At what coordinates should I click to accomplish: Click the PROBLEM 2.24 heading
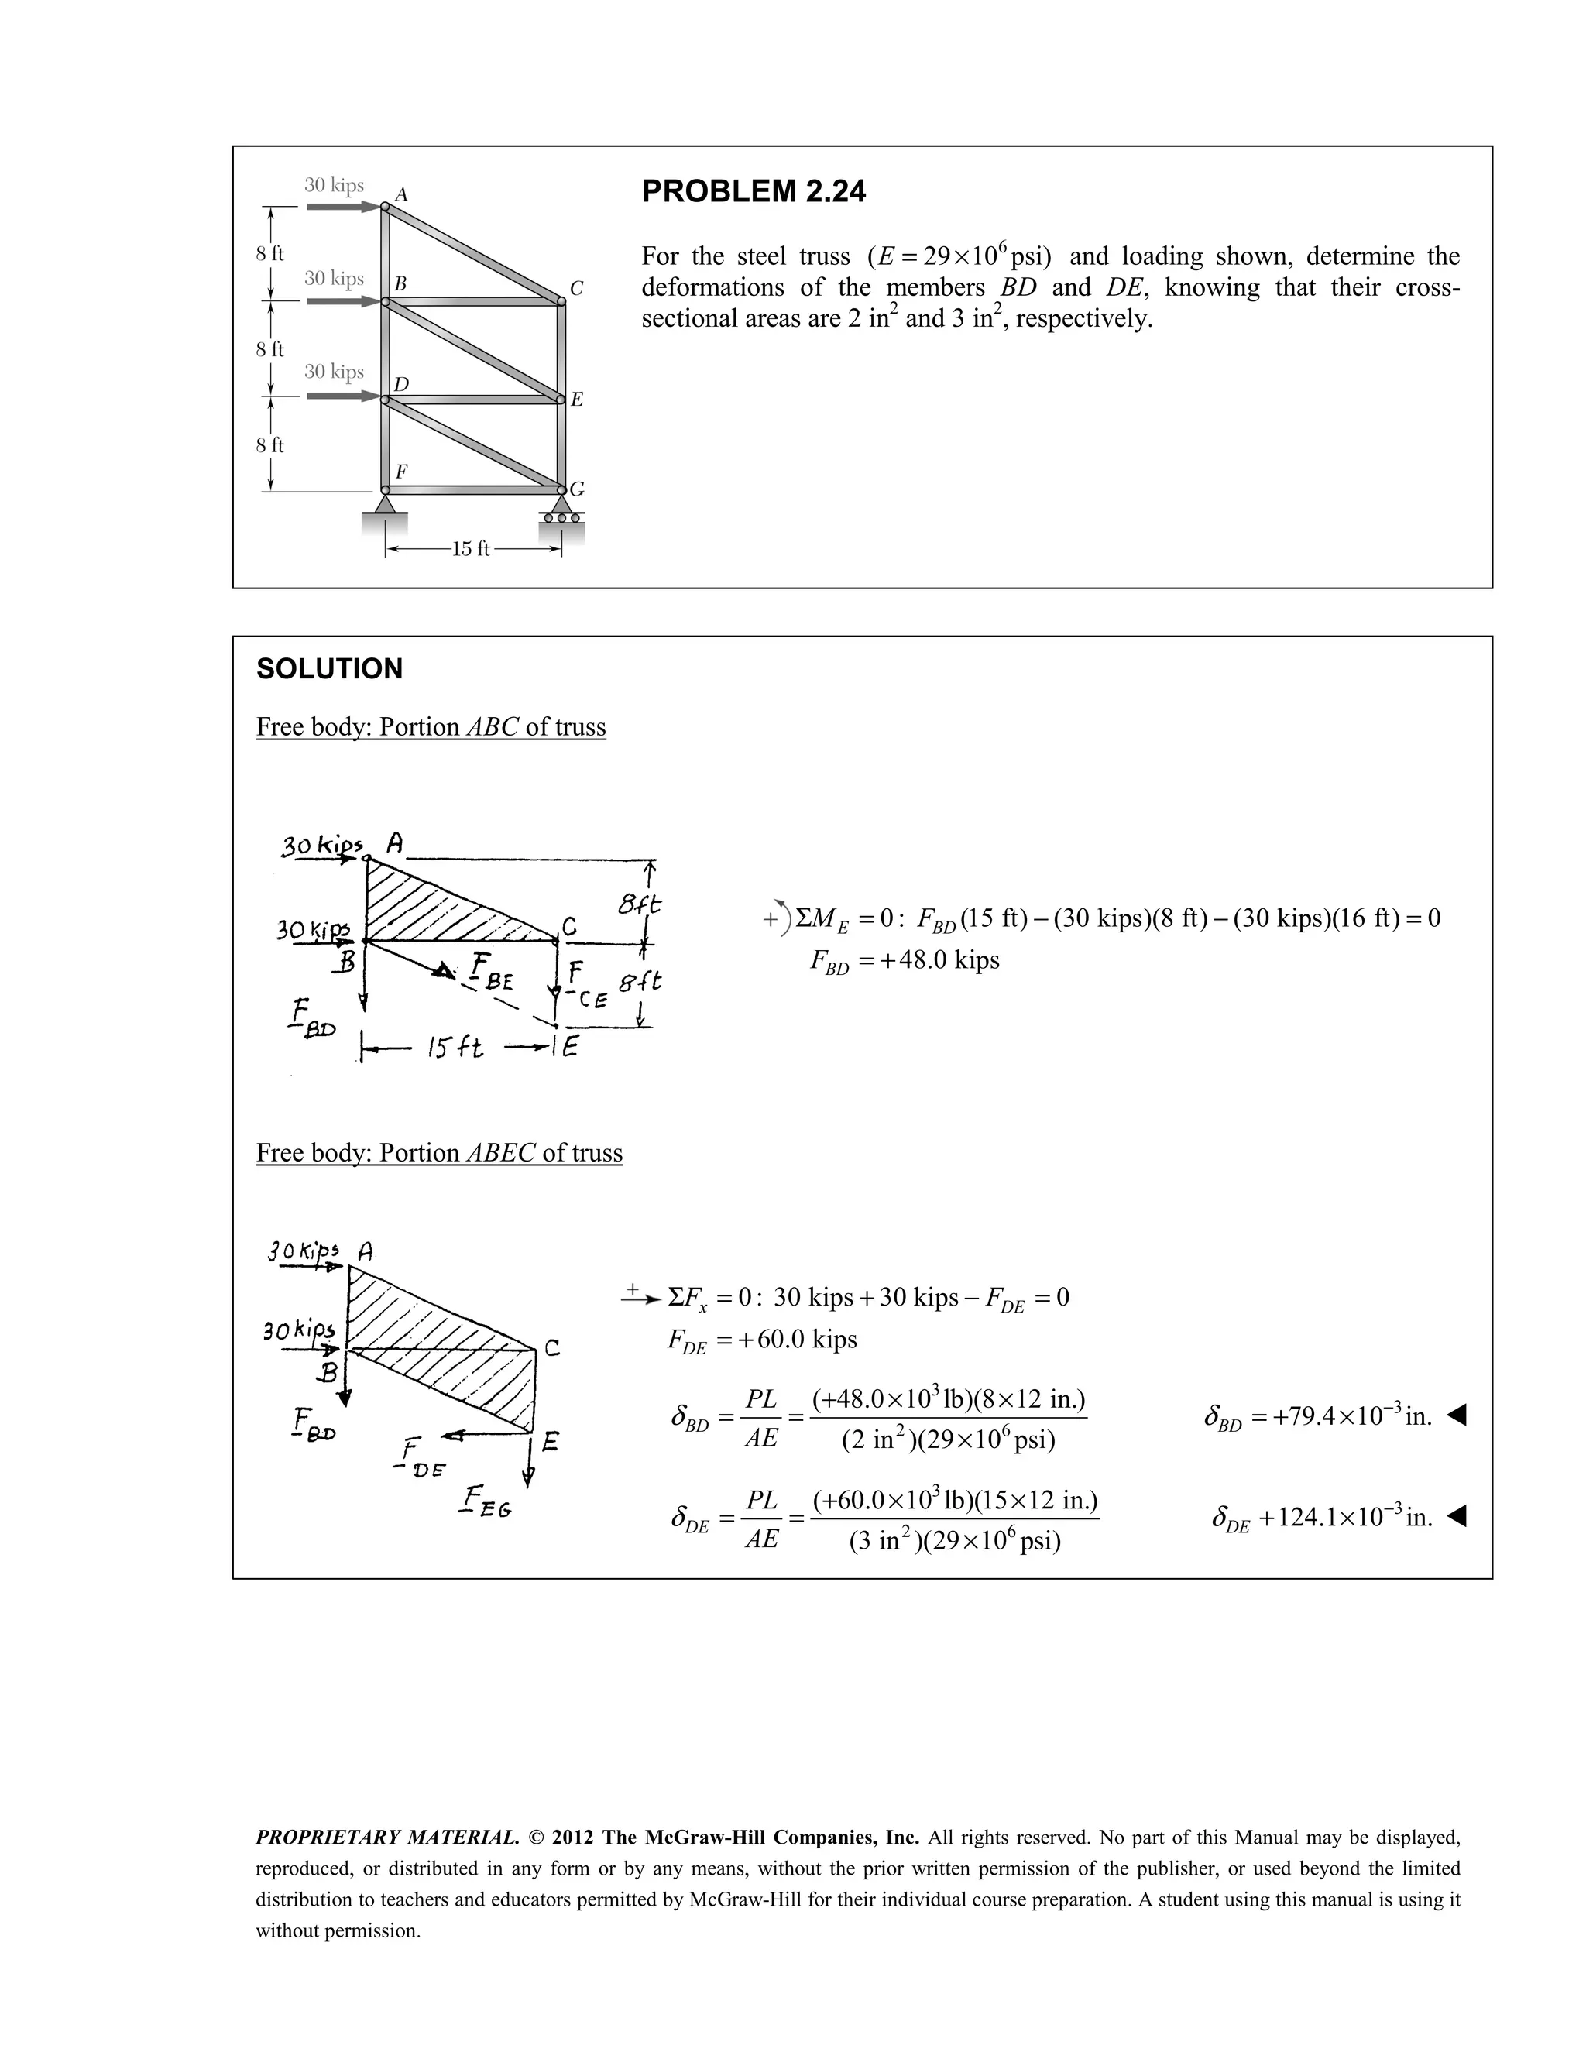pyautogui.click(x=754, y=192)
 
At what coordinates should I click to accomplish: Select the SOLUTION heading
pyautogui.click(x=329, y=669)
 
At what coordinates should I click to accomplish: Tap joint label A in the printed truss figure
pyautogui.click(x=401, y=194)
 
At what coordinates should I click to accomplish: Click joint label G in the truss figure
pyautogui.click(x=577, y=489)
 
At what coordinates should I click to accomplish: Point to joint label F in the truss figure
pyautogui.click(x=401, y=471)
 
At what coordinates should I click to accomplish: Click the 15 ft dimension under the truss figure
pyautogui.click(x=471, y=549)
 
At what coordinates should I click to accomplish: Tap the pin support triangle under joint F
pyautogui.click(x=385, y=505)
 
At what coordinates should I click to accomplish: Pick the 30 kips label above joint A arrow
pyautogui.click(x=334, y=184)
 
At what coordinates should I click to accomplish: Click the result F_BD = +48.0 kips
pyautogui.click(x=905, y=960)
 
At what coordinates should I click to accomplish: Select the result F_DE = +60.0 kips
pyautogui.click(x=762, y=1339)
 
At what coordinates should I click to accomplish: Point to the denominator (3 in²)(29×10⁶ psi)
pyautogui.click(x=955, y=1542)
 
